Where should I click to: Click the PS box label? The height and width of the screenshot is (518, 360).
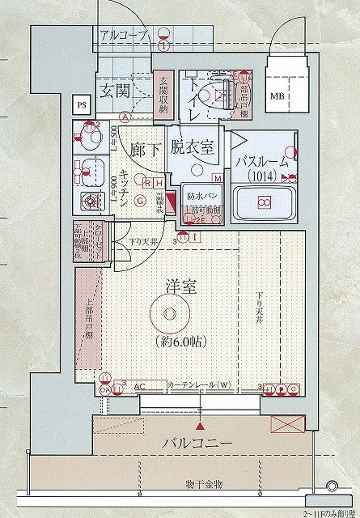coord(81,105)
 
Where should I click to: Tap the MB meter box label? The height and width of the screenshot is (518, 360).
coord(277,96)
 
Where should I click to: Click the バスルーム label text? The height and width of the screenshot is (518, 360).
coord(262,163)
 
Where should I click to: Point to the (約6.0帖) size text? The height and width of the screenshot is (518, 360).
coord(181,342)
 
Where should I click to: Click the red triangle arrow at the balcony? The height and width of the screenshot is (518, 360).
coord(200,427)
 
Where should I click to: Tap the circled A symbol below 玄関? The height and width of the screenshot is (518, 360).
coord(126,116)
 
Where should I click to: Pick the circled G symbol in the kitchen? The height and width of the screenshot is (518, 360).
coord(139,200)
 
